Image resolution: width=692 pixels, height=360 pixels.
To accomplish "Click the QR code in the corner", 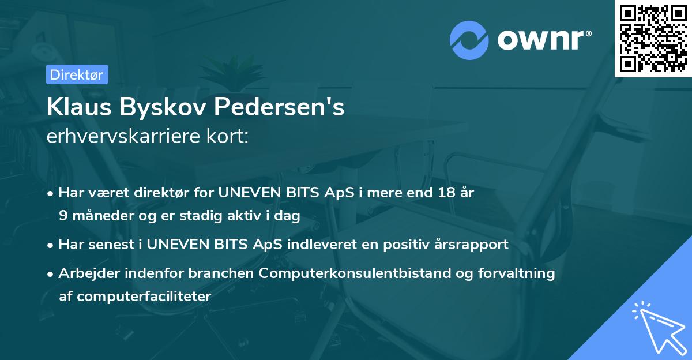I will click(653, 38).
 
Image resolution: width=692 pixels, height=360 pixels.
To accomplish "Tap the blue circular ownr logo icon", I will click(469, 40).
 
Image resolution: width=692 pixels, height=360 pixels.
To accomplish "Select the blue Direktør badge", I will click(77, 74).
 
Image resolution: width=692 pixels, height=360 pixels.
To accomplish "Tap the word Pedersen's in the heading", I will click(279, 107).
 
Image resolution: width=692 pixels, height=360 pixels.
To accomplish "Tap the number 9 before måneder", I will click(63, 216).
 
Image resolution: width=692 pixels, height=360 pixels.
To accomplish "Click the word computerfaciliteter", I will click(135, 297).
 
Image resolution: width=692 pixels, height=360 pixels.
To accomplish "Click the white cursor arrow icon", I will click(656, 325).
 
